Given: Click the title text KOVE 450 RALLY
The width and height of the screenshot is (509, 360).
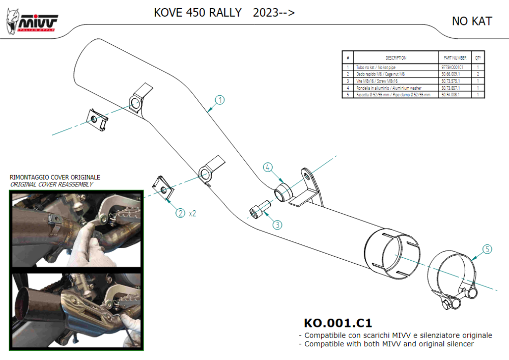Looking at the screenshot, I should pos(197,13).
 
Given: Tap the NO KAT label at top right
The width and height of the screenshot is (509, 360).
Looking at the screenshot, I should pos(471,21).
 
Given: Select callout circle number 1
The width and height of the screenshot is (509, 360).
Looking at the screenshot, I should pos(219,100).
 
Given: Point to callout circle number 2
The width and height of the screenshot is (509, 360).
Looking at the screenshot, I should pos(180,213).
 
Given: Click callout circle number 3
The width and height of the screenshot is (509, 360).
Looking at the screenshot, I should pos(277,224).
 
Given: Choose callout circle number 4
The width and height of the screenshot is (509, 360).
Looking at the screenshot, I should pos(268,167).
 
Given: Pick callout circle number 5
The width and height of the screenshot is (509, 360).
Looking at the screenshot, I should pos(487,249).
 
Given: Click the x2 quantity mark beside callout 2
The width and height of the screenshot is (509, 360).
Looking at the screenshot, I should pos(192,214).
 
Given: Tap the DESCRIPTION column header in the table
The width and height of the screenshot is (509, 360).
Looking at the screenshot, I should pos(396,58).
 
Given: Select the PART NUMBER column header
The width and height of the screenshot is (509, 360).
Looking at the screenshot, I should pos(455,58).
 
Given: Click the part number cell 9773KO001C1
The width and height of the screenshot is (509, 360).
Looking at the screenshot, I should pos(453,67).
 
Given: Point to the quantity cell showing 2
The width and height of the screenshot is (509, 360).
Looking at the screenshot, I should pos(478,74).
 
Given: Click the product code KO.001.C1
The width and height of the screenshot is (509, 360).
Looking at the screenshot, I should pos(337,323).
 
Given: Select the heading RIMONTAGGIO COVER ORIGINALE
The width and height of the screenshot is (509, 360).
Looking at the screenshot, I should pos(55,177).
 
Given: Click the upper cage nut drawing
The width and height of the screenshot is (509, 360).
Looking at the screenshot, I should pos(97,119).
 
